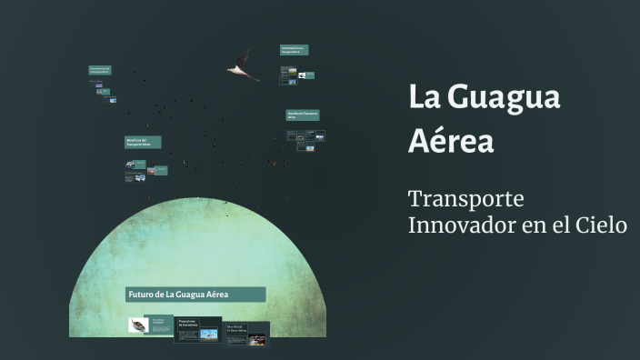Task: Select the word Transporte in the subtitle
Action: pos(466,198)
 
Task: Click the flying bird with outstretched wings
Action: pos(244,65)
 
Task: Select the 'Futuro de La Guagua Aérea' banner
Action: pos(195,295)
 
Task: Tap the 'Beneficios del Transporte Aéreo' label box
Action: pos(143,143)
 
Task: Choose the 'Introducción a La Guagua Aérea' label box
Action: pos(100,70)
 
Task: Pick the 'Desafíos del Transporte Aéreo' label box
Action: pos(303,115)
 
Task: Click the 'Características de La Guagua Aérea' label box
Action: pos(294,50)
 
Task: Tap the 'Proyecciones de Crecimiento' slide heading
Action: pos(188,322)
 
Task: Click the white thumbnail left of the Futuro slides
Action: pos(137,325)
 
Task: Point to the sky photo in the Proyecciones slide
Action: pos(209,335)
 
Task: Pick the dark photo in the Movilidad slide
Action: pos(256,340)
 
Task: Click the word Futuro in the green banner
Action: pos(140,295)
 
